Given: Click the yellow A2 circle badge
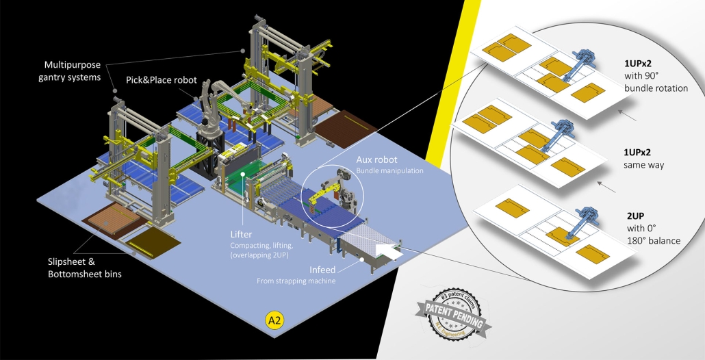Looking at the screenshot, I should point(274,319).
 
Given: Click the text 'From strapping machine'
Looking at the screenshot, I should point(296,281).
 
